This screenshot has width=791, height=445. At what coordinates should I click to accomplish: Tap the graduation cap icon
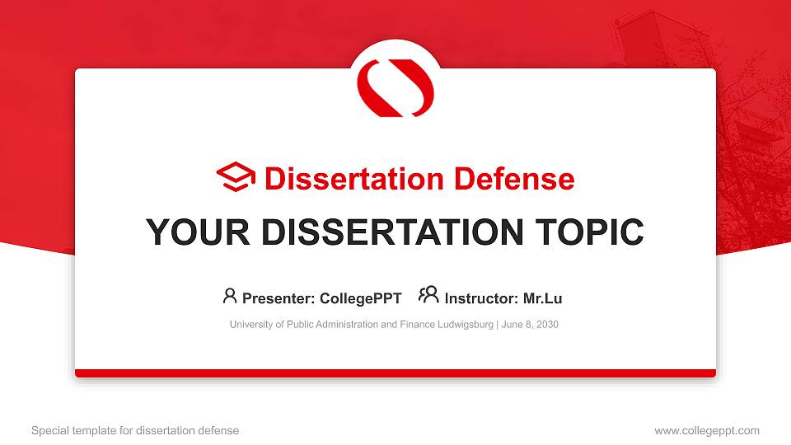click(236, 178)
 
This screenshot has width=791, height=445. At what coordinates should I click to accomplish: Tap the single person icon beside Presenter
click(230, 296)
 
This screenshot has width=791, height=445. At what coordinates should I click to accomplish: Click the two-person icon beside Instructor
click(428, 296)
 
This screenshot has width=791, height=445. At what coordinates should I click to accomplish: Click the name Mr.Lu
click(542, 298)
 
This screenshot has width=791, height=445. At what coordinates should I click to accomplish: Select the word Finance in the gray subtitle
click(400, 325)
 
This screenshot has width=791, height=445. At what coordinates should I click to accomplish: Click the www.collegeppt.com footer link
click(706, 430)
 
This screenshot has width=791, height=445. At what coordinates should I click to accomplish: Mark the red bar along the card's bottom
click(395, 373)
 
